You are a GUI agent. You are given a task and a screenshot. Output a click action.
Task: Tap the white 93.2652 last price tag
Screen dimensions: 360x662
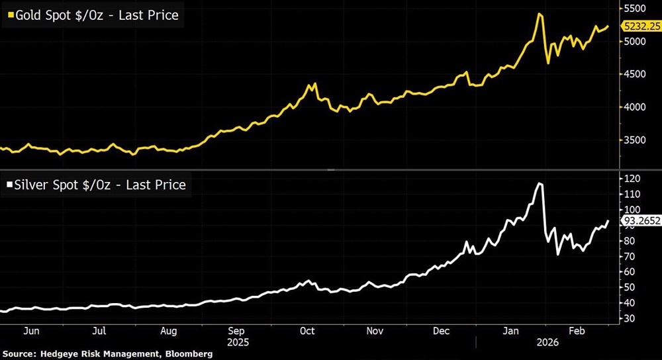coord(640,222)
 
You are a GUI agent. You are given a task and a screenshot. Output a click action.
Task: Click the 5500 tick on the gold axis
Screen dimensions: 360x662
coord(635,9)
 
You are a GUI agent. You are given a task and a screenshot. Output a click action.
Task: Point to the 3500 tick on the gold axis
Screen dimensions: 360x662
coord(635,140)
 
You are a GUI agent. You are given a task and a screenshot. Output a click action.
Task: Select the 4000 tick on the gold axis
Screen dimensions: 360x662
coord(635,107)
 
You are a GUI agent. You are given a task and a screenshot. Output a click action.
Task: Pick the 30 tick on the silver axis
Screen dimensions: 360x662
coord(630,318)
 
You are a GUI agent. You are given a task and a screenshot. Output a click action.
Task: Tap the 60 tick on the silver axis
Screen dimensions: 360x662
coord(630,272)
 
